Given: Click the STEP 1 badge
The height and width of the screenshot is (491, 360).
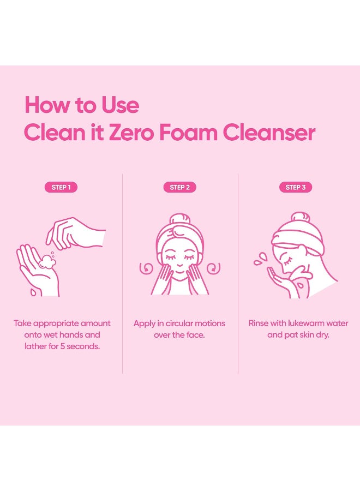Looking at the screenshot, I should tap(61, 187).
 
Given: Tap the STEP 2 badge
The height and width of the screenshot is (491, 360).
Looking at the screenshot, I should tap(179, 187).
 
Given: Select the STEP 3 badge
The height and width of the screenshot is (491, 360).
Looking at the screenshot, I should tap(296, 187).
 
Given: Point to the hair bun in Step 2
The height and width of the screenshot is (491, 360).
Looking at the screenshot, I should tap(179, 219).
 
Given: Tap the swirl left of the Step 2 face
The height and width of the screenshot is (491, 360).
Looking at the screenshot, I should tap(146, 268).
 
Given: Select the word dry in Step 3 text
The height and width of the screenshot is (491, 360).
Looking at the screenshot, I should tap(323, 334).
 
